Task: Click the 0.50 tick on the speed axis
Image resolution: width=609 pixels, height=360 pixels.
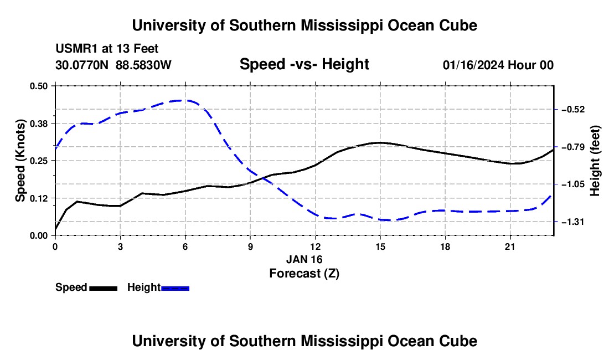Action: (38, 86)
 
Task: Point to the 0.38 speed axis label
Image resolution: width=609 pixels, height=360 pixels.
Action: (38, 124)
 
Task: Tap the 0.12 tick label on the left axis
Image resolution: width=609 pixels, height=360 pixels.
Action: (38, 198)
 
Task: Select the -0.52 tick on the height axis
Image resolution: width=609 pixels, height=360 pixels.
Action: (573, 110)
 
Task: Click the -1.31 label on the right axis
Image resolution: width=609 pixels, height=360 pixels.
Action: (573, 222)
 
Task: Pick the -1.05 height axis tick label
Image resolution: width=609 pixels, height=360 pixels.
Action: (573, 184)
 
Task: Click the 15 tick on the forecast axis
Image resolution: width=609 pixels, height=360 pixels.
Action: (380, 246)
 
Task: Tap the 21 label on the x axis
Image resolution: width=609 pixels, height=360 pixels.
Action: (510, 246)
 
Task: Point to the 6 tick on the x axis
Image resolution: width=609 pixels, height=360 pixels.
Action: (185, 246)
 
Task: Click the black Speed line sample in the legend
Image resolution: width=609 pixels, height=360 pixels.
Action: (104, 288)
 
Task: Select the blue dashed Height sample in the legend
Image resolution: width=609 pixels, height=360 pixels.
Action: (175, 288)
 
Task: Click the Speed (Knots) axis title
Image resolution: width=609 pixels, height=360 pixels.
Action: (20, 161)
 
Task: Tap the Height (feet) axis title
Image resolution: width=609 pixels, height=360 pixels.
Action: (595, 161)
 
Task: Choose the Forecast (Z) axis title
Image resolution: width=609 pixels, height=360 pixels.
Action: (304, 274)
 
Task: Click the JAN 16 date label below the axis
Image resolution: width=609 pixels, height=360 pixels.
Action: (304, 259)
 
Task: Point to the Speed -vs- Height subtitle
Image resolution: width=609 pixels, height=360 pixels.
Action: (304, 64)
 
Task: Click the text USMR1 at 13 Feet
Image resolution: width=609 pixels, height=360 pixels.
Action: (107, 49)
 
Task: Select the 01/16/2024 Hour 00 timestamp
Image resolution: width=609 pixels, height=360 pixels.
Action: (498, 65)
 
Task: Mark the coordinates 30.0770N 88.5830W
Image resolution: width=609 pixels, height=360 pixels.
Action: (113, 65)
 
